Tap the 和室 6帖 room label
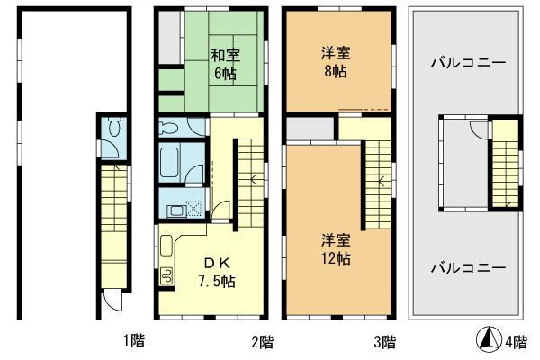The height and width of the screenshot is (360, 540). (224, 63)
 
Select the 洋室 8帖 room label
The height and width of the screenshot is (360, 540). (337, 63)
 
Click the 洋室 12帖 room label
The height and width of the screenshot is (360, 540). (337, 248)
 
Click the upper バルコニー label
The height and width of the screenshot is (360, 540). (466, 64)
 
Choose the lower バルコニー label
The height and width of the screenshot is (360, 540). (466, 267)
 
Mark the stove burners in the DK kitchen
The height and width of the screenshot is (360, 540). (166, 277)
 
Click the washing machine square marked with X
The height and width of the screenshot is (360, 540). (193, 208)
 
